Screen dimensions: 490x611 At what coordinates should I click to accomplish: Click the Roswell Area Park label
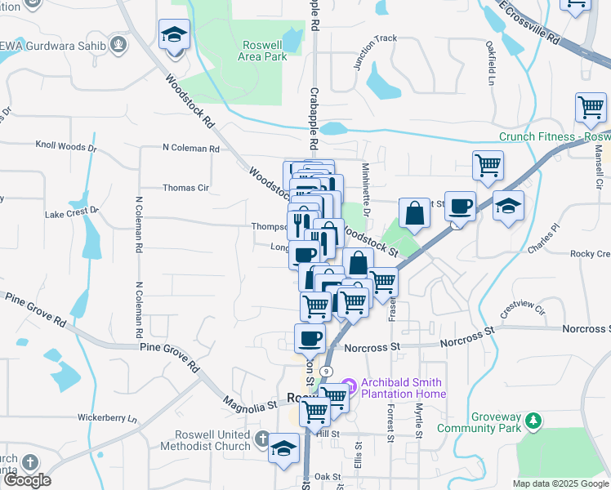(265, 51)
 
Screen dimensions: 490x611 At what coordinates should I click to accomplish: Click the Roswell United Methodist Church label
(212, 440)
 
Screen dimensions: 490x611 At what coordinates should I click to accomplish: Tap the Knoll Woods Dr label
(65, 148)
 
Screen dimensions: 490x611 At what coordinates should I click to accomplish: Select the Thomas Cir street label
(185, 188)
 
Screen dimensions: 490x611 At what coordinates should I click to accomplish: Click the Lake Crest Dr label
(71, 212)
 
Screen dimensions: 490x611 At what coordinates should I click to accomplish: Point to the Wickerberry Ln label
(107, 418)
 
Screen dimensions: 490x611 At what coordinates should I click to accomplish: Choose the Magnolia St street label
(250, 403)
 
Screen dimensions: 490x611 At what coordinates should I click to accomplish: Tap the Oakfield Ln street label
(492, 65)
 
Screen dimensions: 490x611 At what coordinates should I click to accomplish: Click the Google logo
(27, 480)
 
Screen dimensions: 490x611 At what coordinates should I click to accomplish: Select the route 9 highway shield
(326, 371)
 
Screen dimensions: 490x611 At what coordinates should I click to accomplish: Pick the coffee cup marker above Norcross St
(310, 336)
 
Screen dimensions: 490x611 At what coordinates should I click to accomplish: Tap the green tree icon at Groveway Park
(533, 421)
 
